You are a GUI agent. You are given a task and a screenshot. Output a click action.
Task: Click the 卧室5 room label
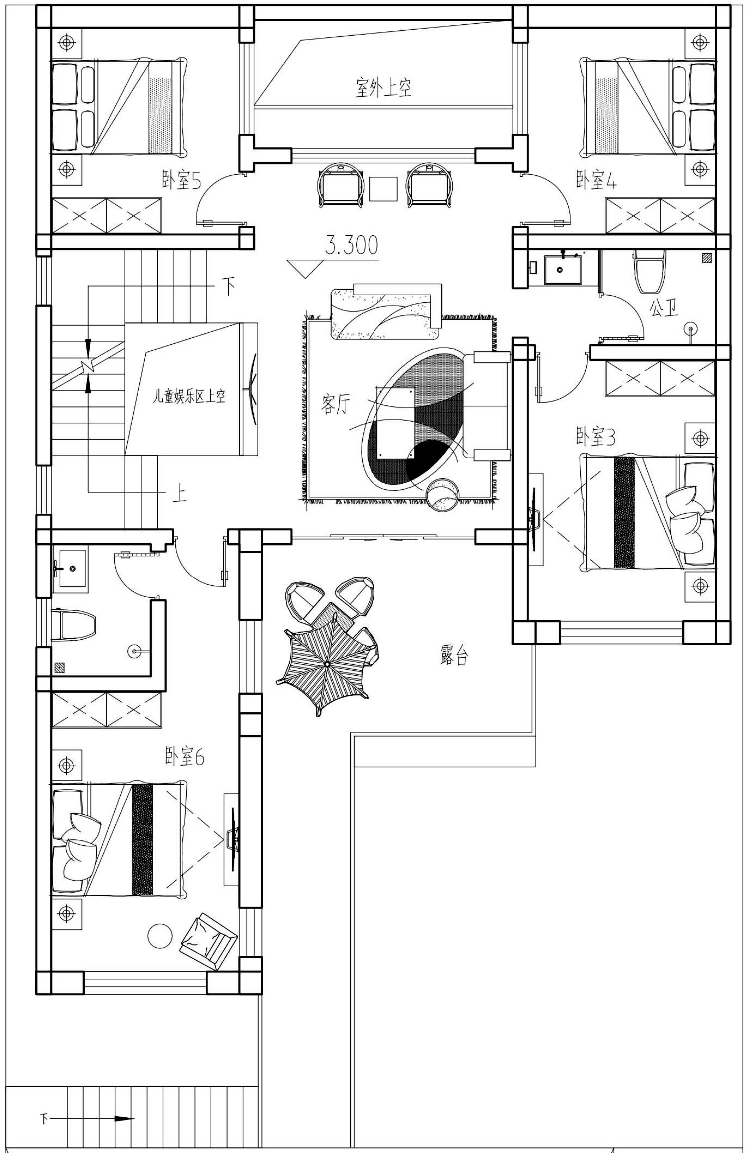click(181, 180)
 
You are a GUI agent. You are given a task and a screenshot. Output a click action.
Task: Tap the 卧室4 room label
click(596, 180)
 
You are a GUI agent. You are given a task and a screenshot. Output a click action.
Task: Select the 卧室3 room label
click(596, 436)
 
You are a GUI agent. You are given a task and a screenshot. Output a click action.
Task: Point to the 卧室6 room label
click(184, 757)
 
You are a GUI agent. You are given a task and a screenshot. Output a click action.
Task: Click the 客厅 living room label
click(335, 404)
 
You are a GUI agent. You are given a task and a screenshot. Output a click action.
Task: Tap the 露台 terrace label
click(454, 655)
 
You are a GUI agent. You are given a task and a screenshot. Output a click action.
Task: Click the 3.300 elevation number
click(352, 245)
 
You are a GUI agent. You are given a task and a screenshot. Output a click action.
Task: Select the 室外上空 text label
click(383, 87)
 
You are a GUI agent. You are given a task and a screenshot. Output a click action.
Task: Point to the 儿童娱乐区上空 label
click(189, 396)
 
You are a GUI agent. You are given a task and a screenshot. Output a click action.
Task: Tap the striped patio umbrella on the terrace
click(327, 663)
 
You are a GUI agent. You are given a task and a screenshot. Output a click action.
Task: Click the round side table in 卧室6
click(160, 936)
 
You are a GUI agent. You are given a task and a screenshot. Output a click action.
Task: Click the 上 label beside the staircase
click(179, 494)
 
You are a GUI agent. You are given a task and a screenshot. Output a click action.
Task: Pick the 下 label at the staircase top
click(228, 286)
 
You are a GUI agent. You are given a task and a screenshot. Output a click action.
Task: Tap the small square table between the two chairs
click(383, 189)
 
